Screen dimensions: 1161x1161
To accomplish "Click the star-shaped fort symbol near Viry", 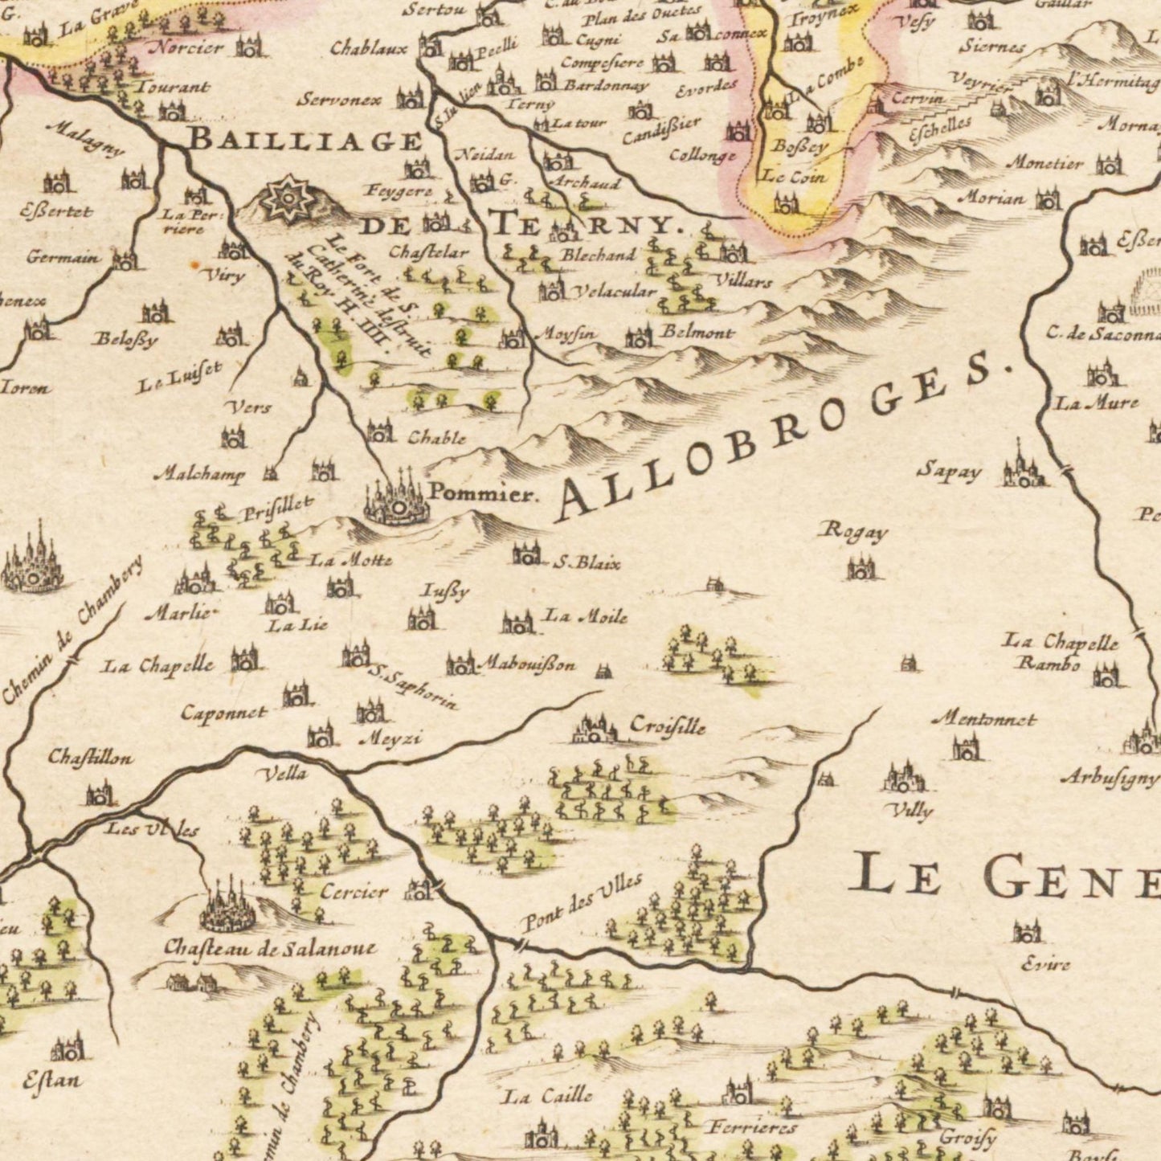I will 283,197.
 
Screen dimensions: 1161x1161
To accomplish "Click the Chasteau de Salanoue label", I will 269,948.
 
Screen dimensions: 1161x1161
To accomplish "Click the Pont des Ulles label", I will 582,901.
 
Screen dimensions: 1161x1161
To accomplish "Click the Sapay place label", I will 949,472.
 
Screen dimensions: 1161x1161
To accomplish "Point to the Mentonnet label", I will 983,720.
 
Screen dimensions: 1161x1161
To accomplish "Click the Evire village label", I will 1045,963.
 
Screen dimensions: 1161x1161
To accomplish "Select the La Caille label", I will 547,1095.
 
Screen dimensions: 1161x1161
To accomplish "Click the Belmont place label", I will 697,332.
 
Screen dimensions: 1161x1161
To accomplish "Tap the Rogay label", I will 853,532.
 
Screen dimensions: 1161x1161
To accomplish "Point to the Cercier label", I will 354,891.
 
